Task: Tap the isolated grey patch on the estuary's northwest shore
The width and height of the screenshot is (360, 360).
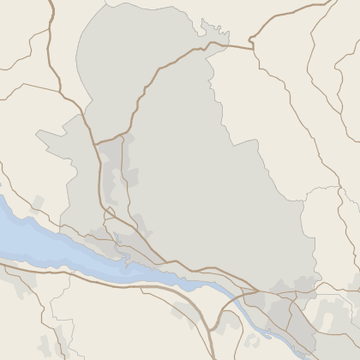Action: point(36,204)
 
